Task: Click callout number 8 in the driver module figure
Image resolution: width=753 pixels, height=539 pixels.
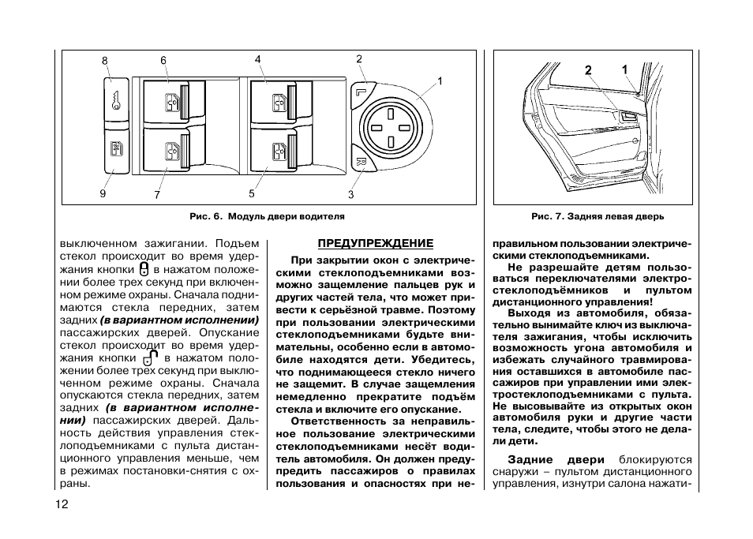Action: coord(104,61)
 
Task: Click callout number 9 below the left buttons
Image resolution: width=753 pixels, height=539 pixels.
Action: coord(103,194)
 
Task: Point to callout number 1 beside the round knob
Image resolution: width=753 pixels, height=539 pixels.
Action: coord(440,80)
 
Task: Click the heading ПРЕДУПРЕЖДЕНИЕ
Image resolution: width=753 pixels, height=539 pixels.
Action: coord(375,243)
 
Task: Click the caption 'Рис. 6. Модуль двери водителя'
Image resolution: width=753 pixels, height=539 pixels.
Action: coord(267,215)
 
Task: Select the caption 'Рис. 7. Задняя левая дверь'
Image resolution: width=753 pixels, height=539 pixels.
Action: coord(597,215)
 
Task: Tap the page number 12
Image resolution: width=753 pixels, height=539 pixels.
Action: coord(62,504)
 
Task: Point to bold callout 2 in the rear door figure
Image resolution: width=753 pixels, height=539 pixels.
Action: coord(588,70)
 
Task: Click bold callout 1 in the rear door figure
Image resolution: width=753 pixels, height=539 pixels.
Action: coord(624,70)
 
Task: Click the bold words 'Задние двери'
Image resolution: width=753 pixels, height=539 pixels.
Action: coord(556,459)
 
